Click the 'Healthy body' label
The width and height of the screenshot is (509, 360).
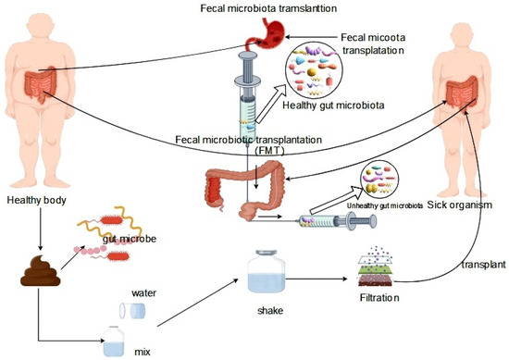tap(34, 200)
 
